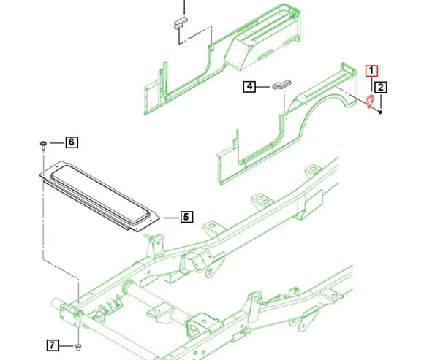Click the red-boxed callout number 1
371,71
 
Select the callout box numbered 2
382,88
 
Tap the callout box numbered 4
250,87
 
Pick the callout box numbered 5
186,216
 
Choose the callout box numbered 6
72,142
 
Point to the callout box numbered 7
52,345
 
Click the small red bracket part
370,100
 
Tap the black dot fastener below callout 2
382,112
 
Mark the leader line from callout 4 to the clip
265,87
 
